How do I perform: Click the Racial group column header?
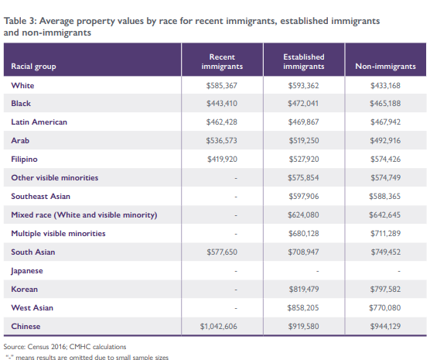(x=33, y=67)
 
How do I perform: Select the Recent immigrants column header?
(x=222, y=61)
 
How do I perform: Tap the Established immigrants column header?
(x=304, y=61)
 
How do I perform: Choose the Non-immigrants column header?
(x=385, y=66)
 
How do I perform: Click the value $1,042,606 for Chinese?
(x=219, y=326)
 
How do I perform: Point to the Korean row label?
(x=25, y=289)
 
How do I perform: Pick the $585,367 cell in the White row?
(x=222, y=86)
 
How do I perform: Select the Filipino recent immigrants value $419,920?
(x=222, y=159)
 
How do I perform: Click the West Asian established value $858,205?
(x=303, y=308)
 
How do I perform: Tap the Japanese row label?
(x=27, y=271)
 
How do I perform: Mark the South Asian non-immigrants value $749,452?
(x=386, y=252)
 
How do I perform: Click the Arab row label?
(x=20, y=141)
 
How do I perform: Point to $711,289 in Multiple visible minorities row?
(x=386, y=233)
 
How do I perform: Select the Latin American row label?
(x=39, y=122)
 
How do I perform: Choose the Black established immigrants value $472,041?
(x=303, y=104)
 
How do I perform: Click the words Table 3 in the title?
(x=20, y=21)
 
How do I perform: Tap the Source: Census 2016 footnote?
(x=65, y=347)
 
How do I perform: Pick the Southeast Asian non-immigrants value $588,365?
(x=384, y=197)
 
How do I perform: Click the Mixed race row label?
(x=84, y=215)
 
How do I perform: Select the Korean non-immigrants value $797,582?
(x=385, y=289)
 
